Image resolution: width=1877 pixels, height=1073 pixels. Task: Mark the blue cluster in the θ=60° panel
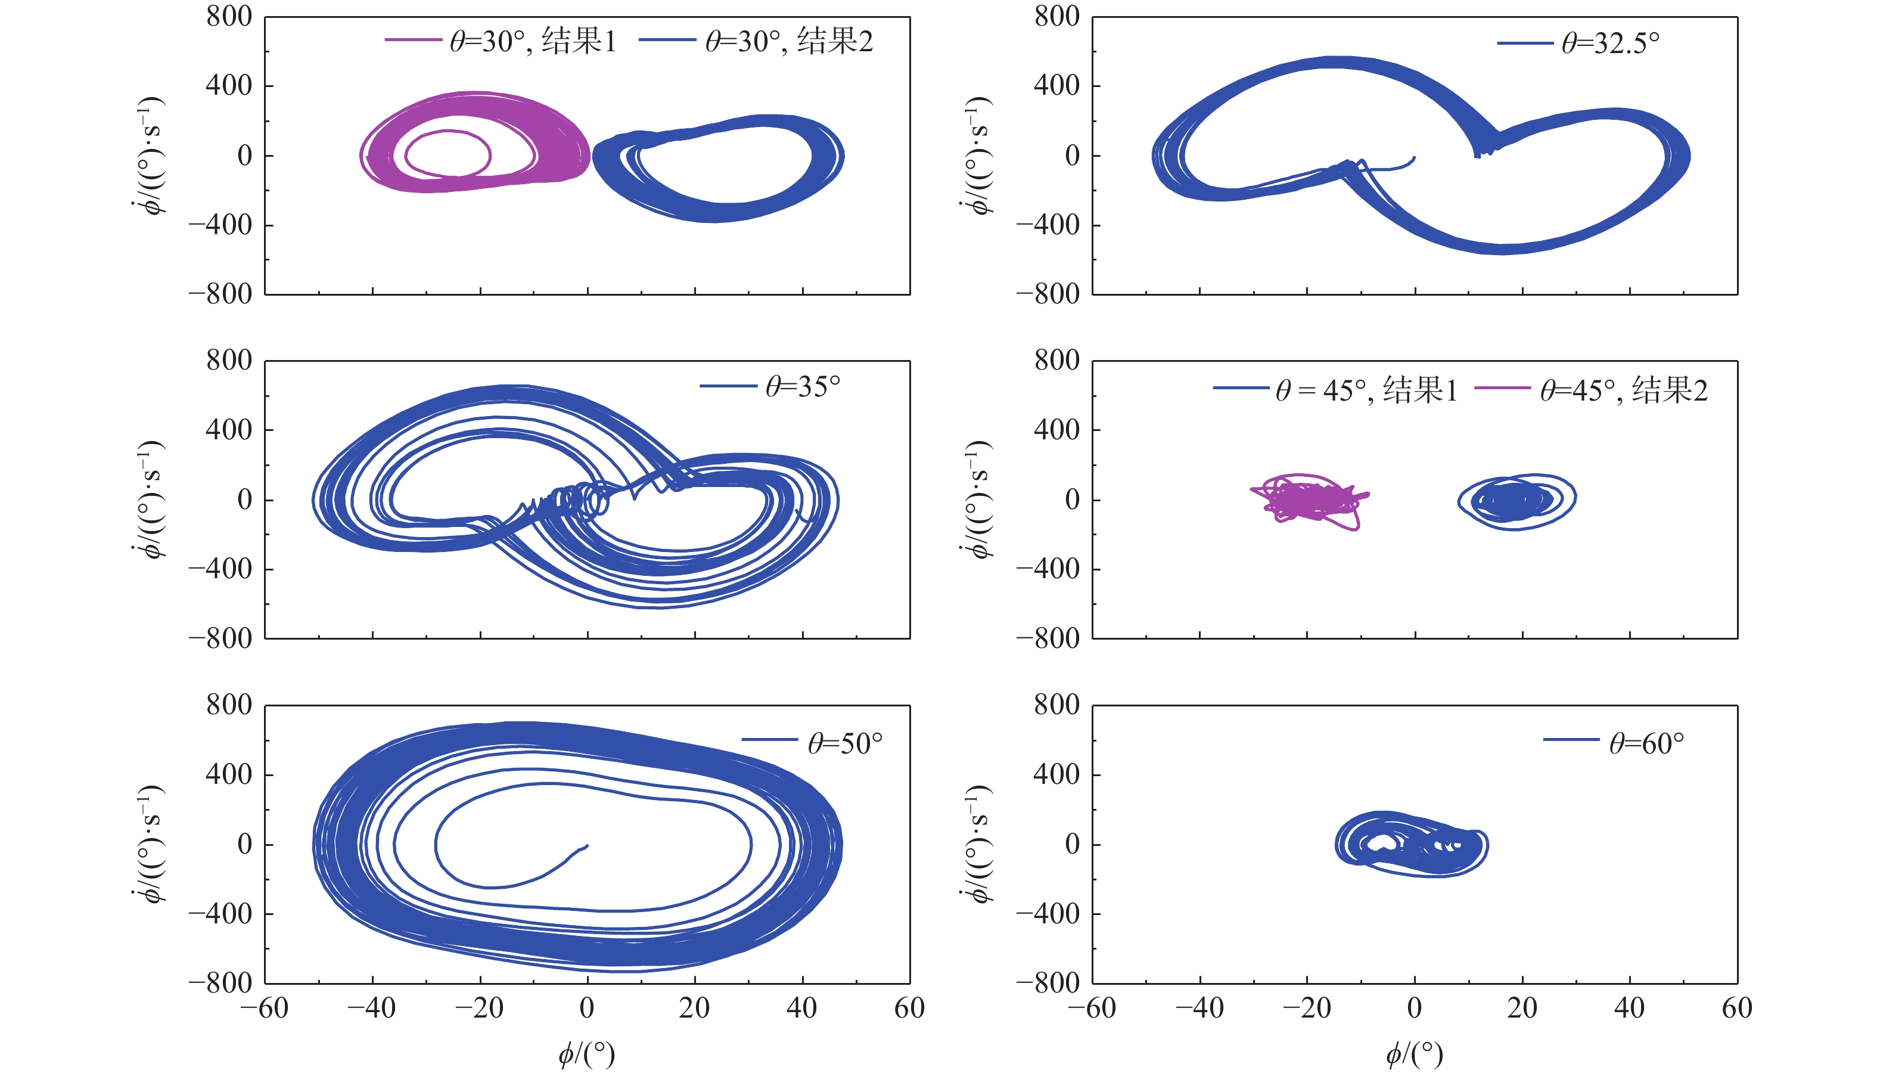tap(1410, 845)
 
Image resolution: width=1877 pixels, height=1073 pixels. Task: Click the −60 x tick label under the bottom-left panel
tap(265, 1008)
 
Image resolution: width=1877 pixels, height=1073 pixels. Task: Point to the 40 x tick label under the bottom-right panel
tap(1629, 1008)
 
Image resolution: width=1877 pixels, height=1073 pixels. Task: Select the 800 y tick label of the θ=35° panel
tap(229, 361)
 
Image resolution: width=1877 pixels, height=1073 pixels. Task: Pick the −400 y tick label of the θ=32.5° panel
tap(1048, 224)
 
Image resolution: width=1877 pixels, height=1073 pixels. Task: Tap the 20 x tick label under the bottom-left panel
tap(694, 1008)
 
